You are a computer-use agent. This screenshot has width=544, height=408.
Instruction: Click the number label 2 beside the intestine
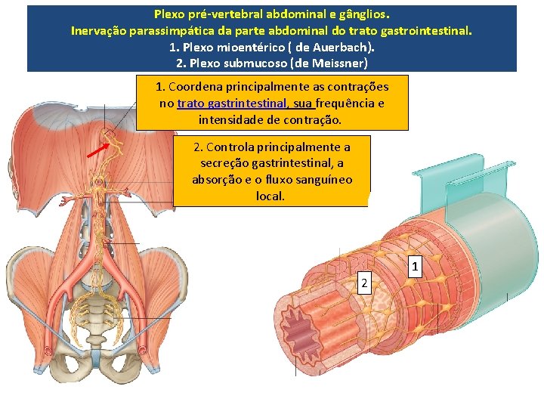click(x=364, y=283)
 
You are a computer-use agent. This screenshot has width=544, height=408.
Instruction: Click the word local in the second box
click(x=270, y=196)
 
